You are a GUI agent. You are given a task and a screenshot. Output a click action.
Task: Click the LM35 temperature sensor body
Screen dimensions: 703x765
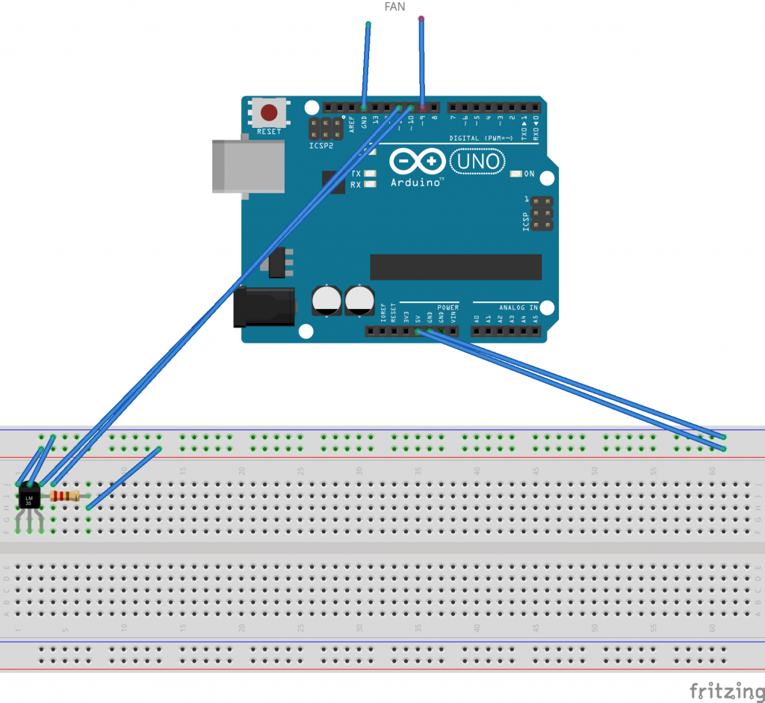[x=29, y=497]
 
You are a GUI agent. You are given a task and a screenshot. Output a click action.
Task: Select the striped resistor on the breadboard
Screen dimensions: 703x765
[x=66, y=496]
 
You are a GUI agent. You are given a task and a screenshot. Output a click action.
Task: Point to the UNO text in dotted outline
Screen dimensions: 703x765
[x=479, y=161]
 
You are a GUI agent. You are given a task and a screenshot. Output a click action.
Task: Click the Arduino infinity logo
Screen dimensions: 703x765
[x=418, y=162]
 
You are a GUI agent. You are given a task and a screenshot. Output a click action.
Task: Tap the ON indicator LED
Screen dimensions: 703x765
[x=515, y=174]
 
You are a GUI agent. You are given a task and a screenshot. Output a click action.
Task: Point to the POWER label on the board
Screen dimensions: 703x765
[x=448, y=307]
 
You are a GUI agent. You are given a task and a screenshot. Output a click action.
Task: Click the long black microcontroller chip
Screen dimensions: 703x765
[x=456, y=267]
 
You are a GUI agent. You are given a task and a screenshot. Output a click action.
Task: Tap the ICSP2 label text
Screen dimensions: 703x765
[x=320, y=146]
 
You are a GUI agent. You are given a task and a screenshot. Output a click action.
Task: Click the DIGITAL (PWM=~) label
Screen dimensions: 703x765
[x=483, y=138]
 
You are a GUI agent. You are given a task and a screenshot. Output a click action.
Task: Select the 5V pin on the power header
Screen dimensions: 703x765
[x=418, y=331]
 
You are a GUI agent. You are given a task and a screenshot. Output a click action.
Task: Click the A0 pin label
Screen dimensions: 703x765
[x=477, y=319]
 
